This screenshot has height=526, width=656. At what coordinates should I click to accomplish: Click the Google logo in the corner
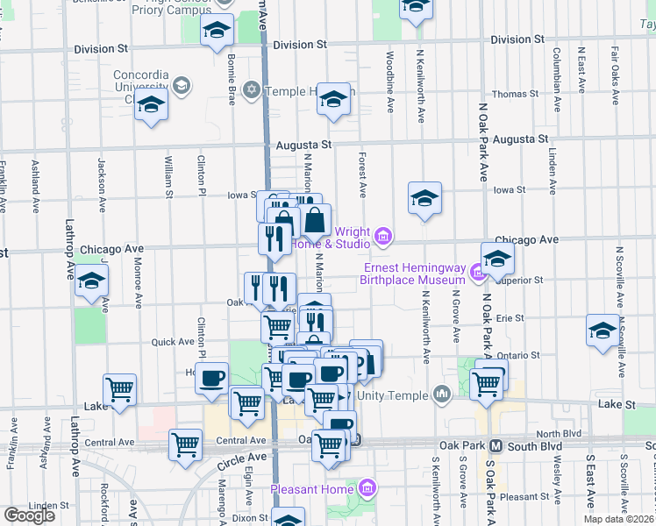(29, 515)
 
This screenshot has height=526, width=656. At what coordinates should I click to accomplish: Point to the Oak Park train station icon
(495, 445)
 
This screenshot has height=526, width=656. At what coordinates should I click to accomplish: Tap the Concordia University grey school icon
(182, 85)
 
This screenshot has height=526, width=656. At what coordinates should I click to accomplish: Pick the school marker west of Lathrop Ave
(91, 282)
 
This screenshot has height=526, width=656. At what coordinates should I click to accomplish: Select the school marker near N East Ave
(603, 331)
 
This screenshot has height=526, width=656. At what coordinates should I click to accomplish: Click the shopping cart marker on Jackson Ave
(119, 388)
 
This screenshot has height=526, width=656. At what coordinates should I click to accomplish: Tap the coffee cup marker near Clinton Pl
(210, 378)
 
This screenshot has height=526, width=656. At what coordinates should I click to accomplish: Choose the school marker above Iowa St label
(424, 198)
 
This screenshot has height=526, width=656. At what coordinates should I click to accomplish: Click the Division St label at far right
(517, 39)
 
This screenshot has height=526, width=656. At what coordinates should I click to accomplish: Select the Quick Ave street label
(173, 342)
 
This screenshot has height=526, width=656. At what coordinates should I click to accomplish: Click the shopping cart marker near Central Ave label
(185, 444)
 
